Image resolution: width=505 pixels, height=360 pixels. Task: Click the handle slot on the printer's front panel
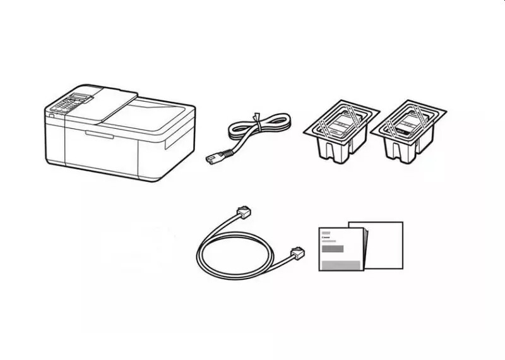(x=99, y=134)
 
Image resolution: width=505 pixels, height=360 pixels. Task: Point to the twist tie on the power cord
(x=256, y=117)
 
